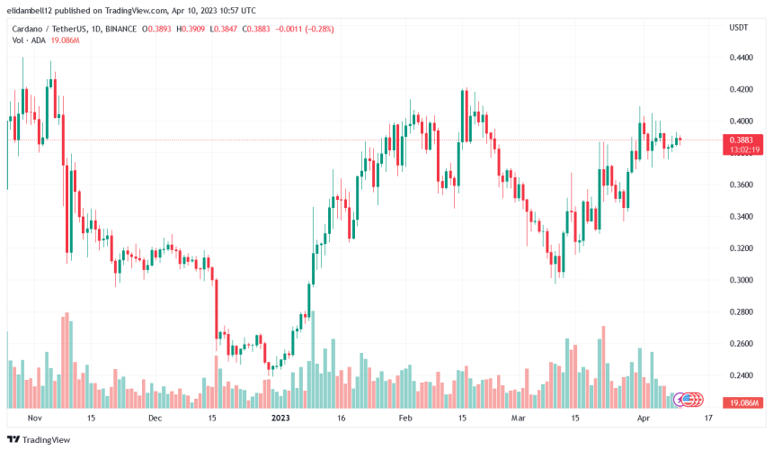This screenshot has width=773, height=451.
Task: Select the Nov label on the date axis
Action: pyautogui.click(x=35, y=419)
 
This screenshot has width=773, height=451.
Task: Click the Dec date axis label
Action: pyautogui.click(x=155, y=419)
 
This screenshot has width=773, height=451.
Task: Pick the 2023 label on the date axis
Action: pyautogui.click(x=280, y=419)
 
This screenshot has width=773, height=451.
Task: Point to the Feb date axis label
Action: pyautogui.click(x=404, y=419)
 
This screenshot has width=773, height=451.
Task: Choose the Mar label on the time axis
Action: pyautogui.click(x=517, y=419)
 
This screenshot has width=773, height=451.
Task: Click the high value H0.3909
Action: pyautogui.click(x=189, y=29)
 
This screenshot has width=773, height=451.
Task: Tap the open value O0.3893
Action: pyautogui.click(x=156, y=29)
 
